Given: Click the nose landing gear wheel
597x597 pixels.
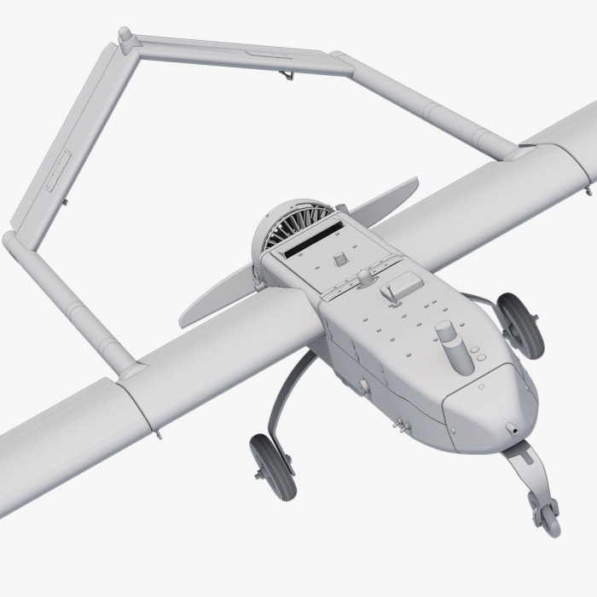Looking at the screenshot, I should click(544, 513).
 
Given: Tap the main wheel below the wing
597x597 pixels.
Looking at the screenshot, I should click(273, 465).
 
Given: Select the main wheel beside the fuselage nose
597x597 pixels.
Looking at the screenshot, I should click(521, 325).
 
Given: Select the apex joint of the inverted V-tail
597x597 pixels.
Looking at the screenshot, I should click(125, 37).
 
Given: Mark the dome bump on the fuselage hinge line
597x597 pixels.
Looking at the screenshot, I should click(366, 276).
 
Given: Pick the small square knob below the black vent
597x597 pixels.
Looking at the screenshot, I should click(339, 258).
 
